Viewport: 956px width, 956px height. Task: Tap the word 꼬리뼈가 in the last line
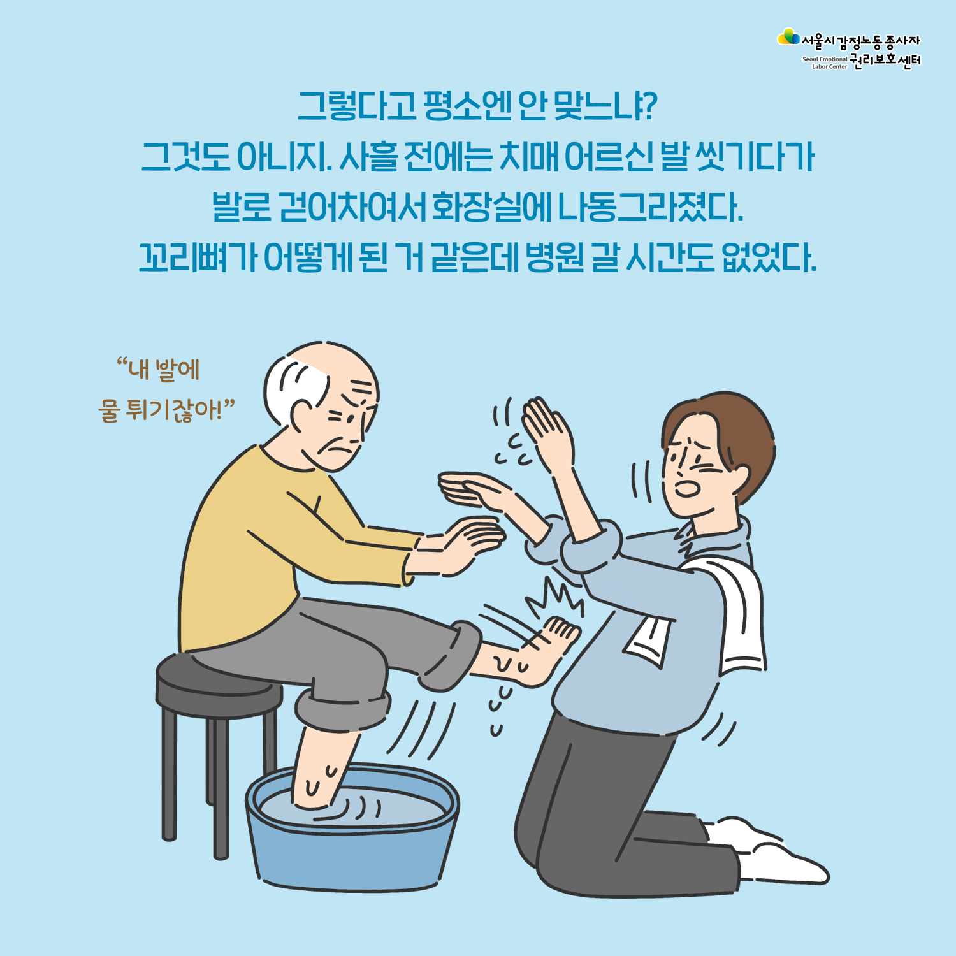198,257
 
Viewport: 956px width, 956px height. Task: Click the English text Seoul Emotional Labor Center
825,62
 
